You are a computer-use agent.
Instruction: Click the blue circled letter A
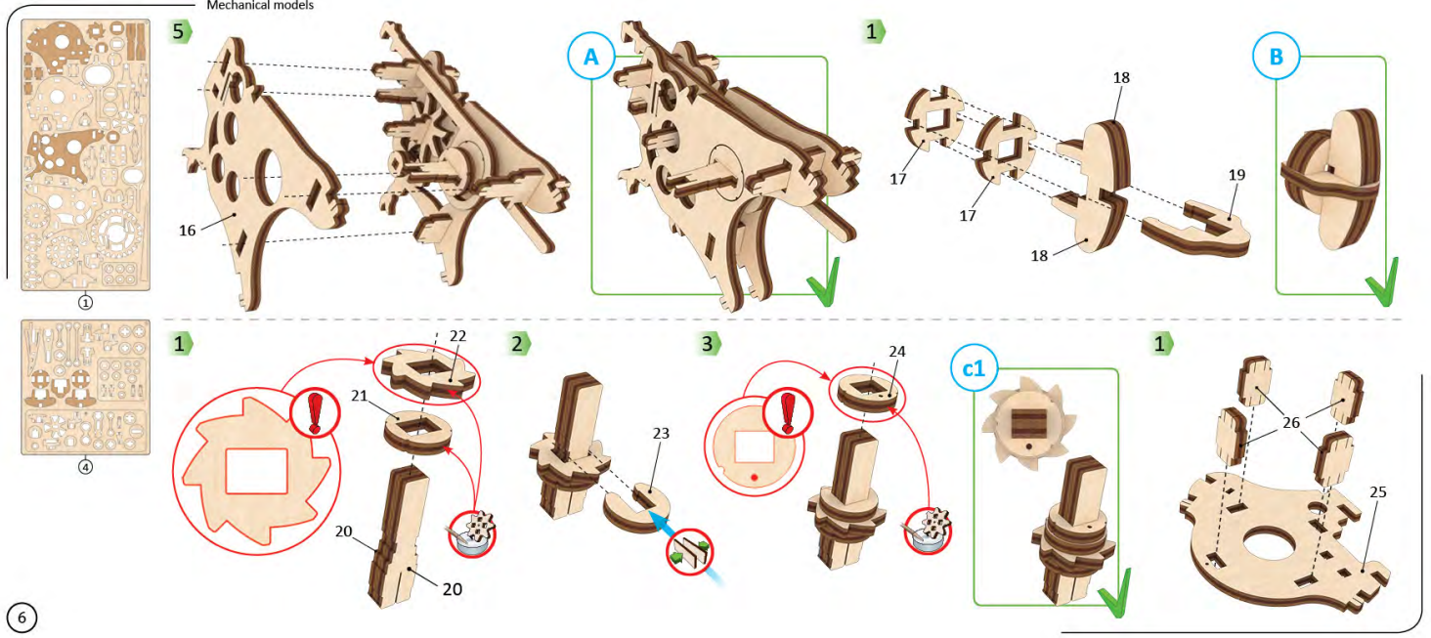591,59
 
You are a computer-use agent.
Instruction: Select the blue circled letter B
1277,59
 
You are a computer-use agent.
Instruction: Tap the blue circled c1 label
975,371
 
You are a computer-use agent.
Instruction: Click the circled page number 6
22,616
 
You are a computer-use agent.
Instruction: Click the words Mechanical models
260,5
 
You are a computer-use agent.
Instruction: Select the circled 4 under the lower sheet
85,467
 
